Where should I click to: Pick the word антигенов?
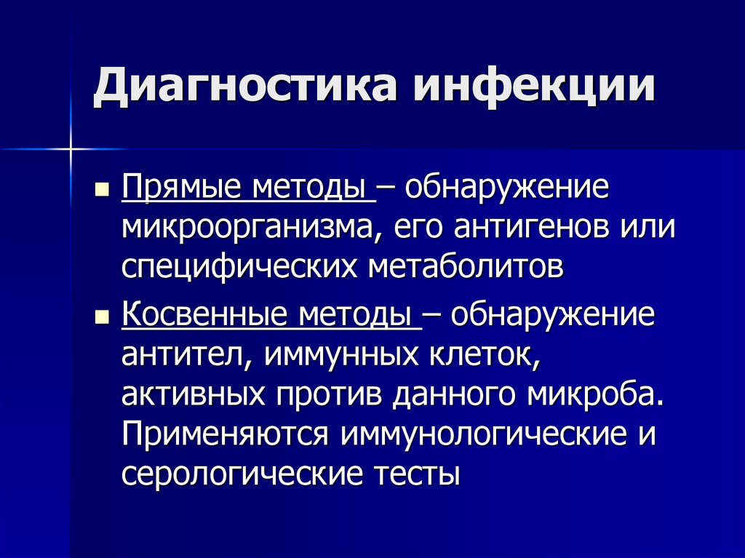click(531, 228)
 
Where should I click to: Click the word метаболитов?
click(467, 266)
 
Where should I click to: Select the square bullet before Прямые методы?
click(103, 192)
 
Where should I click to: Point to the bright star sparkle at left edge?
click(71, 150)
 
